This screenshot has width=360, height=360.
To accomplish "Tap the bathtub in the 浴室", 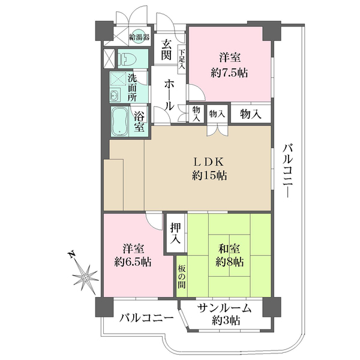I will [x=121, y=122].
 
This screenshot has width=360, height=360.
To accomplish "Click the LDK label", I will [x=209, y=161].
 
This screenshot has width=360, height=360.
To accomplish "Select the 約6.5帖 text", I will [x=132, y=262].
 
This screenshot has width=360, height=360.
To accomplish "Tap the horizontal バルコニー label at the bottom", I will [x=146, y=317].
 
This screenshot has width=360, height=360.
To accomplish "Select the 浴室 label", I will [x=139, y=122].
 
